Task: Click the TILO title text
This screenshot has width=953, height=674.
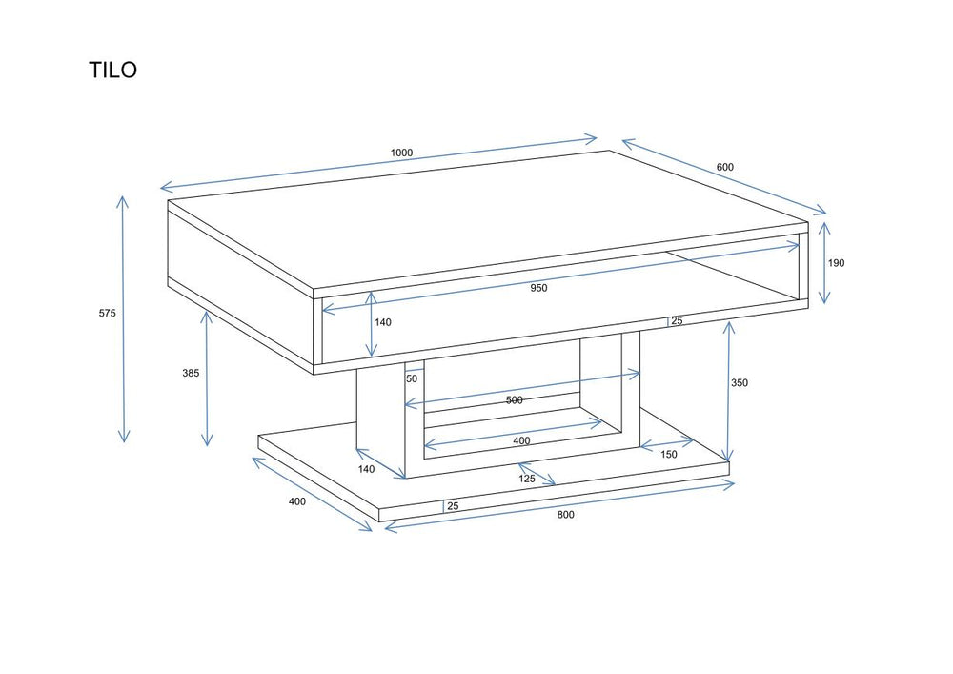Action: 113,71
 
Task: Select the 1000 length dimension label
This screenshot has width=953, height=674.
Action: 401,153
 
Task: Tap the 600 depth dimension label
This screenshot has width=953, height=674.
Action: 725,168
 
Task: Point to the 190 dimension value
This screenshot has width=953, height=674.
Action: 836,263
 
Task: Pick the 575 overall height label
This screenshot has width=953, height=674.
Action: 107,313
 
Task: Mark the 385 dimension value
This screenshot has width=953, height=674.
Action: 191,373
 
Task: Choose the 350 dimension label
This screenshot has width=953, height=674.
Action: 740,383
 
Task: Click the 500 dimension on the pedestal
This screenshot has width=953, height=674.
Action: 514,400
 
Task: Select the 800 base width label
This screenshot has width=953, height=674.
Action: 565,515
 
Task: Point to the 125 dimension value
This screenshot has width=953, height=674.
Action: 527,479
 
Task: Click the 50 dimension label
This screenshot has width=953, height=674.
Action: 412,378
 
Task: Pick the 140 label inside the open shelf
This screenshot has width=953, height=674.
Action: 382,322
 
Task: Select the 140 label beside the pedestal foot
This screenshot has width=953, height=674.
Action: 366,468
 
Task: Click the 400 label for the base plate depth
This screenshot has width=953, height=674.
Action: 297,502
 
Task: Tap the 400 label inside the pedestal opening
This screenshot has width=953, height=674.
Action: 521,441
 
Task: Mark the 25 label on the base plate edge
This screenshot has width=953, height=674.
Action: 453,506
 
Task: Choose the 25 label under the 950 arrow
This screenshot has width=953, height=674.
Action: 677,321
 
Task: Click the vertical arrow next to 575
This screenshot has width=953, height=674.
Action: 123,318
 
